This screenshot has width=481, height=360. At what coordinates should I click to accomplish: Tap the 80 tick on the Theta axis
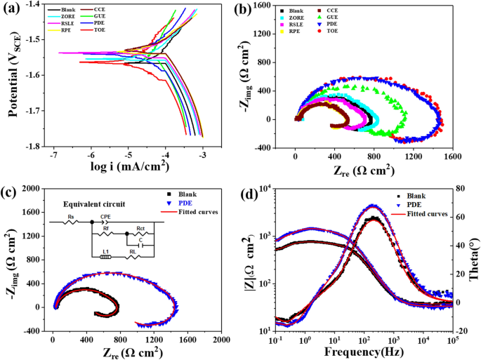click(x=463, y=189)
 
